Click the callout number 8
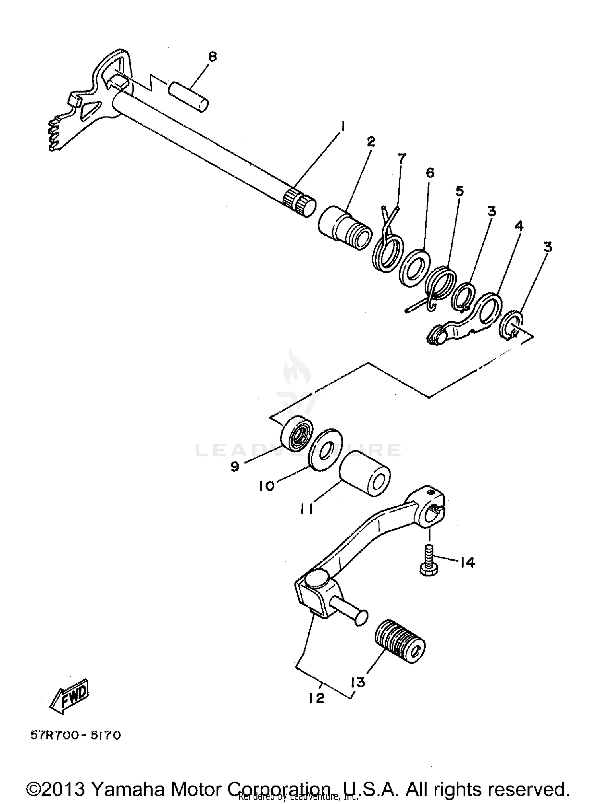[x=212, y=56]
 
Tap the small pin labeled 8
[x=188, y=96]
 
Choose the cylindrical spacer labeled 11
[x=365, y=473]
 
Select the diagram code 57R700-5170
[x=76, y=735]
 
